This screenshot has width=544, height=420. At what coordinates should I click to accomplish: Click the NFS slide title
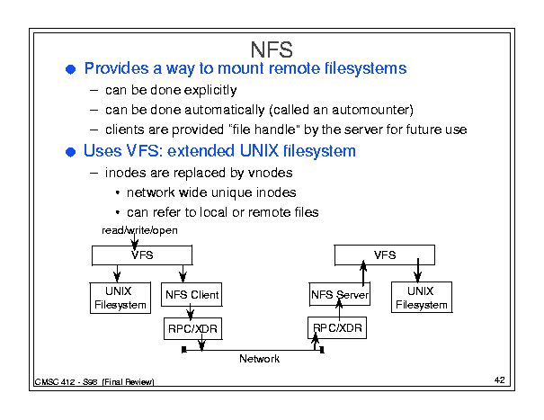coord(272,49)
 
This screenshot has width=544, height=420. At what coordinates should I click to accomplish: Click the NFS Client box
coord(192,294)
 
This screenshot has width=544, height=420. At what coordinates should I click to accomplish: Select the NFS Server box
coord(340,294)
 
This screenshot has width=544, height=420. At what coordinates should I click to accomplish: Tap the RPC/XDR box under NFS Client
coord(193,328)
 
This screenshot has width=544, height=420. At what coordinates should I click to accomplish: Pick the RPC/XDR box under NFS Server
coord(337,327)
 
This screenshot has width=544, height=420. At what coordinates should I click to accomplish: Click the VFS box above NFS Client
coord(142,255)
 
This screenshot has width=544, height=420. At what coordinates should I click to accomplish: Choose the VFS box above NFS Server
coord(385,255)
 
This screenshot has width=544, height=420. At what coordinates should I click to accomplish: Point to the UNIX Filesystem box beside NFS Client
coord(120,298)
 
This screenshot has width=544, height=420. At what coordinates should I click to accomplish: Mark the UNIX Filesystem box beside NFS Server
coord(422,297)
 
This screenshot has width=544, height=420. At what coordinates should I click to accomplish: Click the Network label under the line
coord(259,359)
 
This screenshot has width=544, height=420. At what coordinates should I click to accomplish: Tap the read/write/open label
coord(139,230)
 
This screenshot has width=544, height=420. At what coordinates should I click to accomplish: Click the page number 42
coord(500,380)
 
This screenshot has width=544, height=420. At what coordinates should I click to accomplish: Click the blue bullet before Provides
coord(70,69)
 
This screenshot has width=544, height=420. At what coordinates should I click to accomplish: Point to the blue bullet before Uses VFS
coord(70,152)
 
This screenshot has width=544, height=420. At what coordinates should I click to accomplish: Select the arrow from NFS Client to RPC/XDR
coord(190,312)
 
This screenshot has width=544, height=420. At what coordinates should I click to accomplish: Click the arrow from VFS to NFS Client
coord(183,274)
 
